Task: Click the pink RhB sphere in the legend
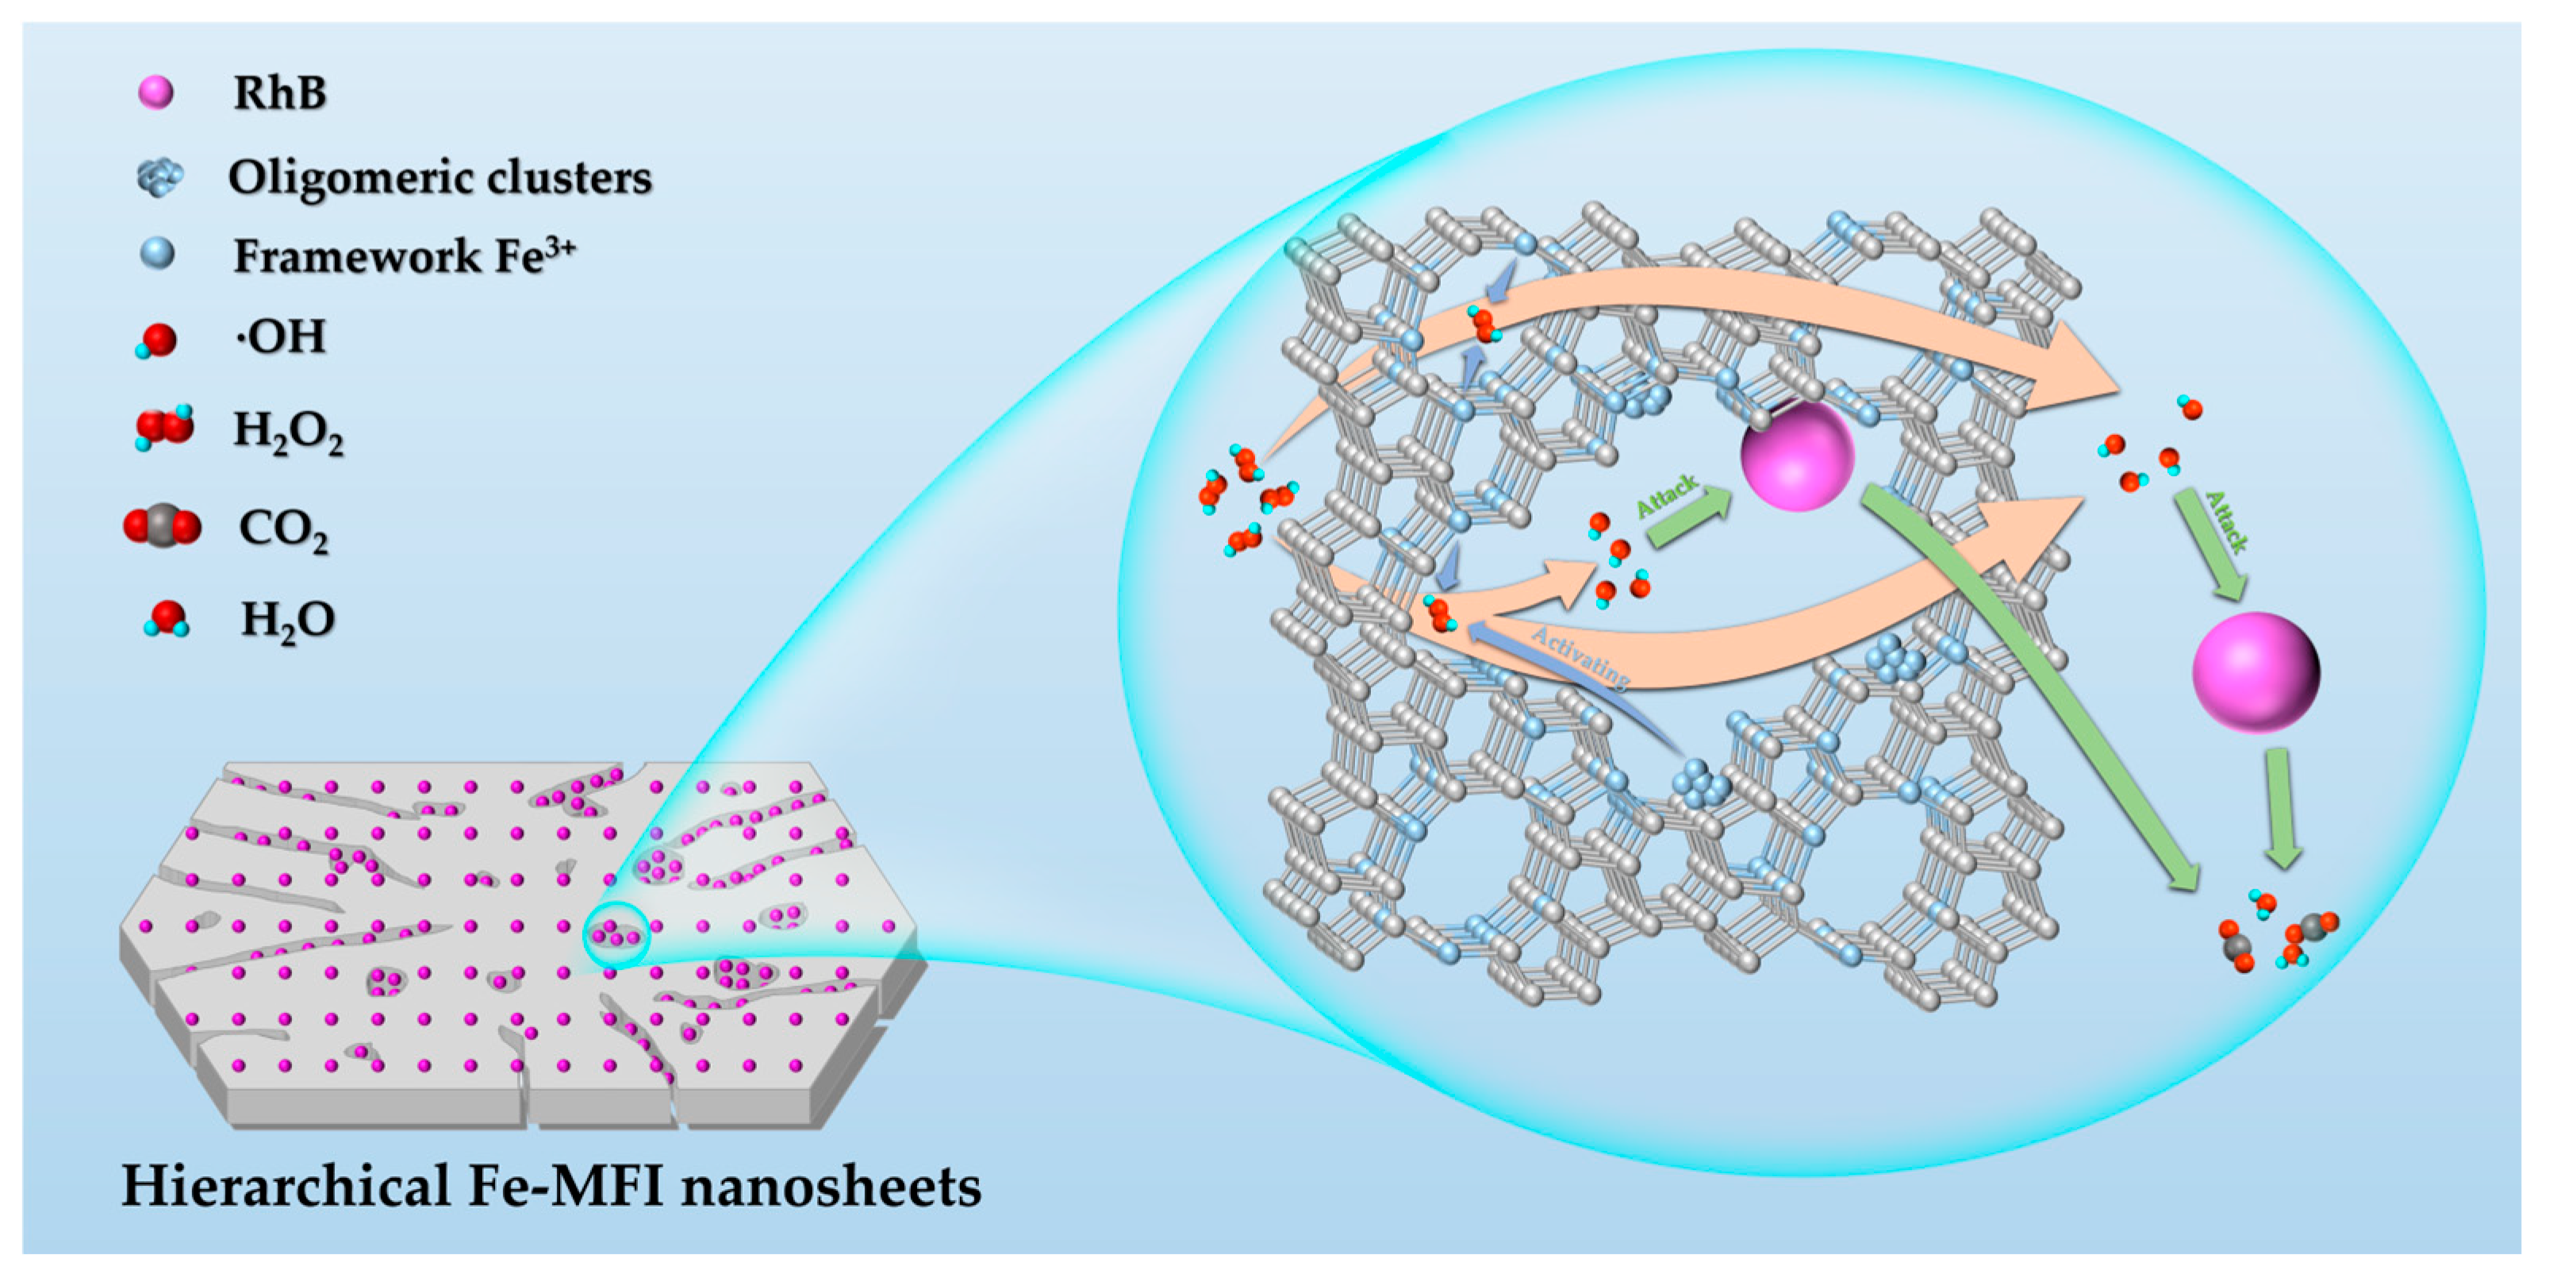(156, 92)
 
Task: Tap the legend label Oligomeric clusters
(440, 178)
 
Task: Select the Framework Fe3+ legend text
(404, 256)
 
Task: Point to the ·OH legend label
(281, 337)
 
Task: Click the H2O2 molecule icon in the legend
(164, 428)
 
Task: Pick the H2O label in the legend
(288, 621)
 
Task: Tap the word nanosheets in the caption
(831, 1186)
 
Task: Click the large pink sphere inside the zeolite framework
(1796, 456)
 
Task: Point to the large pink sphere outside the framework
(2256, 672)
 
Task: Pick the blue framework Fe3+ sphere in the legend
(157, 255)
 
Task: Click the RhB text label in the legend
(280, 93)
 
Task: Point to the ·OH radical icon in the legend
(157, 341)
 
